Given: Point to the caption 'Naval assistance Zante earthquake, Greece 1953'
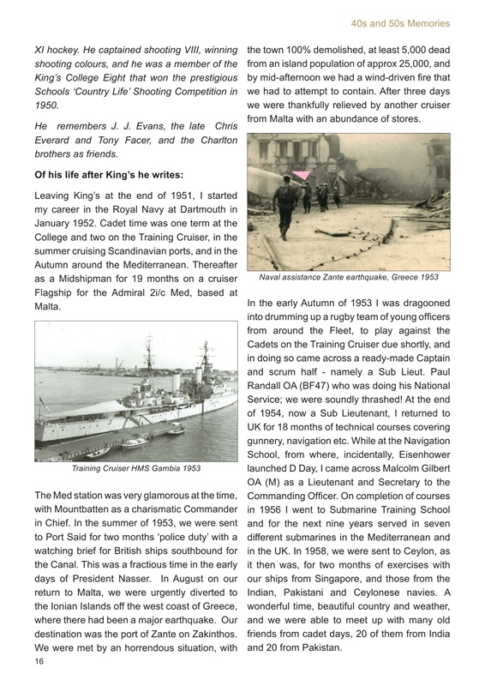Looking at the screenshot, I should coord(348,277).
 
